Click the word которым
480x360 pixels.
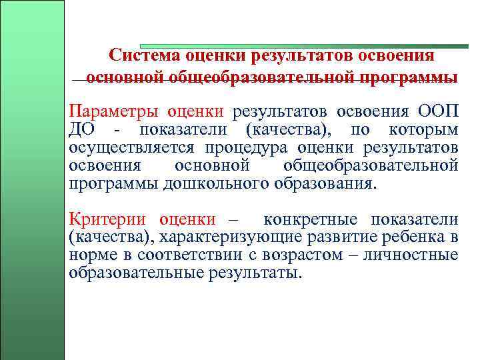[x=424, y=129]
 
